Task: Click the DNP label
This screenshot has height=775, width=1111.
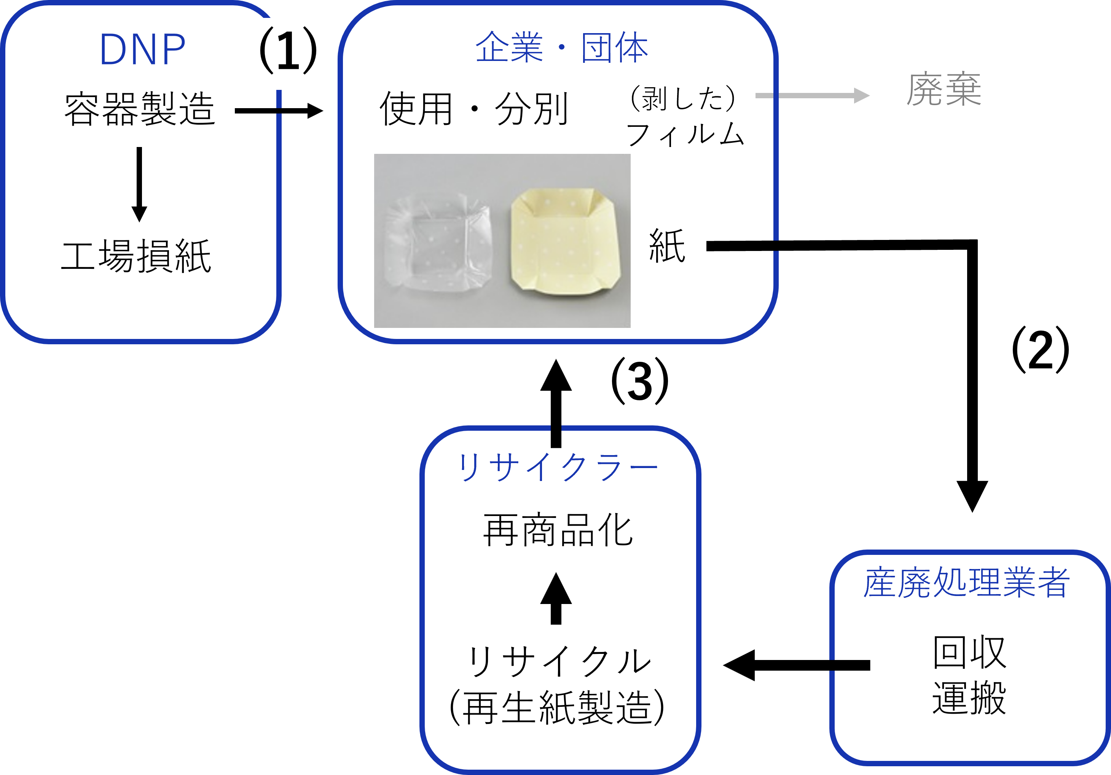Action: [142, 50]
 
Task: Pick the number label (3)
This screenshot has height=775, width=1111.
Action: [640, 384]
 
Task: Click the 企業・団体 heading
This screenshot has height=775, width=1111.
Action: [561, 48]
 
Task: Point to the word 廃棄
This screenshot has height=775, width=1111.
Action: [944, 89]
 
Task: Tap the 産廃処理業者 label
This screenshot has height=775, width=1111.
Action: [966, 582]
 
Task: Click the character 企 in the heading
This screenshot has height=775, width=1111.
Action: [492, 48]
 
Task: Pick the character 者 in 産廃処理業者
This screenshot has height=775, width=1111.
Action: [1053, 582]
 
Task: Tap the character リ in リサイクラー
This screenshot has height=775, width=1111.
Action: [469, 467]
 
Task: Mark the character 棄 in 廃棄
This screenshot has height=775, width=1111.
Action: [963, 89]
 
